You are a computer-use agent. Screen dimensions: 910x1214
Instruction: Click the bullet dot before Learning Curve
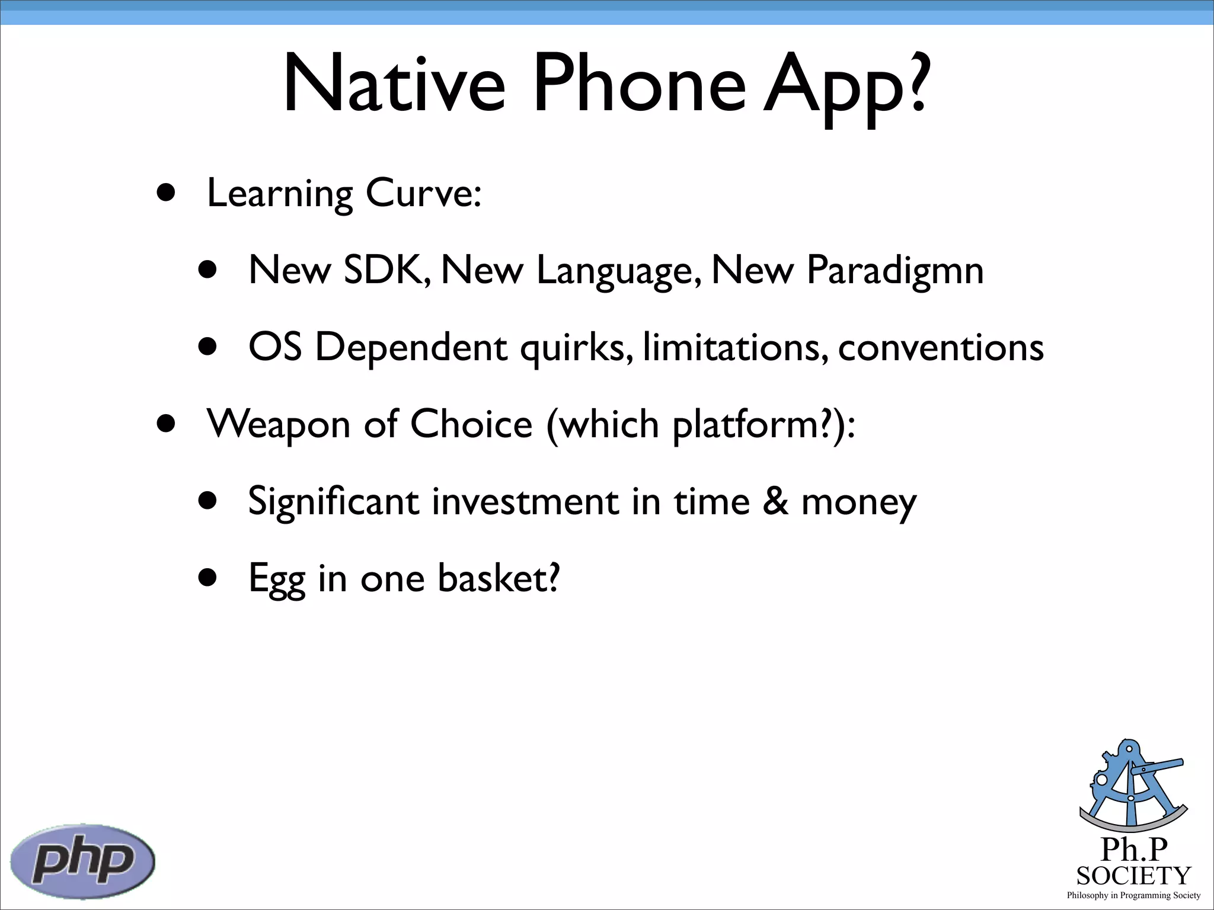[x=167, y=193]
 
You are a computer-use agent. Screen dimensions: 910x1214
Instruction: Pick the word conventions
[x=941, y=348]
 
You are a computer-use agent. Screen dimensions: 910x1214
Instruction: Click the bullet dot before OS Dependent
[x=208, y=347]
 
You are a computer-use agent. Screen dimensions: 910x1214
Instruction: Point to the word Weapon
[x=279, y=425]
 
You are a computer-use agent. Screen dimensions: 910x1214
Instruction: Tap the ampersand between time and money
[x=775, y=501]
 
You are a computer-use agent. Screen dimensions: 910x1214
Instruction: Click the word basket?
[x=499, y=578]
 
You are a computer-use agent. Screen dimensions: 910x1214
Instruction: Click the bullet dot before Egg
[x=208, y=578]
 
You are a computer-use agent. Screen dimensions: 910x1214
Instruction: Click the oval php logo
[x=83, y=861]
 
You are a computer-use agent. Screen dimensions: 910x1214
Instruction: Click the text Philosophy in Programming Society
[x=1133, y=895]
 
